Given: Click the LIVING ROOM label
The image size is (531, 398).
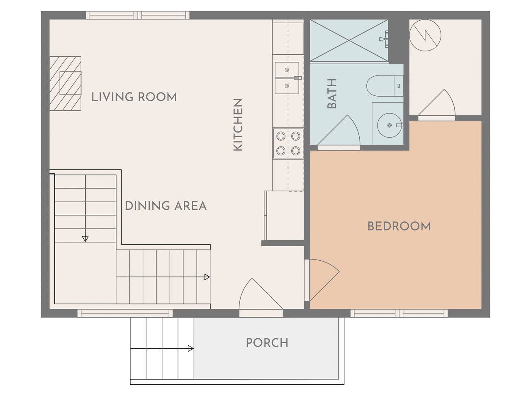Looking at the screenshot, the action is point(134,97).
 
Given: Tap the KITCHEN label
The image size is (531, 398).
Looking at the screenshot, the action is point(238,125).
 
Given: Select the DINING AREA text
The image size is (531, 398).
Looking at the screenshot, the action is point(166,206).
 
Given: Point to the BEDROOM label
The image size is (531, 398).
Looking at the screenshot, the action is point(399,226).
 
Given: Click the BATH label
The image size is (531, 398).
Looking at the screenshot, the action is point(332,94).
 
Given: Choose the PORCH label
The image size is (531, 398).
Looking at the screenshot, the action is point(267,343).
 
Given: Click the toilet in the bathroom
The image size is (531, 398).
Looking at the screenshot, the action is point(385,85).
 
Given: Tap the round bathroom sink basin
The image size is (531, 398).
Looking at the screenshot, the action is point(390,125).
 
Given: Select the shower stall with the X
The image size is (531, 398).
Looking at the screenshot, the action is point(349,40).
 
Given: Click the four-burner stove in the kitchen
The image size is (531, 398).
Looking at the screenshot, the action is point(288,143).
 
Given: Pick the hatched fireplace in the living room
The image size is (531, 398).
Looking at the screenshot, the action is point(65,84).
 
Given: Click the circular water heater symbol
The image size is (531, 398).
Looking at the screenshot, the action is point(425,35).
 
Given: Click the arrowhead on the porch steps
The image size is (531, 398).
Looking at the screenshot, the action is point(191,349).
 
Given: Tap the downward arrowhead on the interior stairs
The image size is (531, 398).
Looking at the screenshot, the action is point(85,239).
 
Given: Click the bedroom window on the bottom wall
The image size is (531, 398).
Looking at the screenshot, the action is point(399,313).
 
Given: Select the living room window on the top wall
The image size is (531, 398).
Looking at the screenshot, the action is point(138,15).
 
